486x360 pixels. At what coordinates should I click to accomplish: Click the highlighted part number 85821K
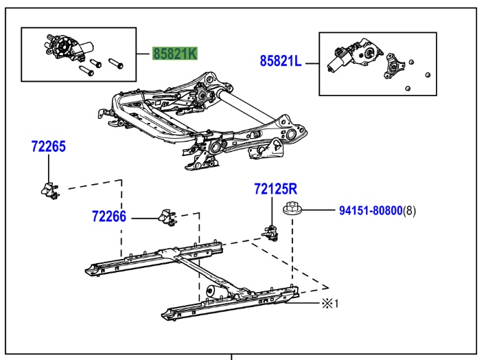pos(174,54)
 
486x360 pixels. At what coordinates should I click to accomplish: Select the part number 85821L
pos(280,61)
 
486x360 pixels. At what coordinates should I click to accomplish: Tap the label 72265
pos(48,146)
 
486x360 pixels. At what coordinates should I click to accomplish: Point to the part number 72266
pos(109,217)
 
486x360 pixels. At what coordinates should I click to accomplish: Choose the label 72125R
pos(276,188)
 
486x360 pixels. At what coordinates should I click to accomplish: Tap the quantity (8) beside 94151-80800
pos(409,210)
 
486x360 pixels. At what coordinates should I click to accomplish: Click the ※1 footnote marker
pos(330,303)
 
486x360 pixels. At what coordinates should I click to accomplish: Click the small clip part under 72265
pos(48,188)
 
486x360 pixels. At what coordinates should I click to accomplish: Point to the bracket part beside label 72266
pos(167,218)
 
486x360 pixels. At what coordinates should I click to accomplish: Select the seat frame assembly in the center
pos(199,120)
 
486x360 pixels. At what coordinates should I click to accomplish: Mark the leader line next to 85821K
pos(143,54)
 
